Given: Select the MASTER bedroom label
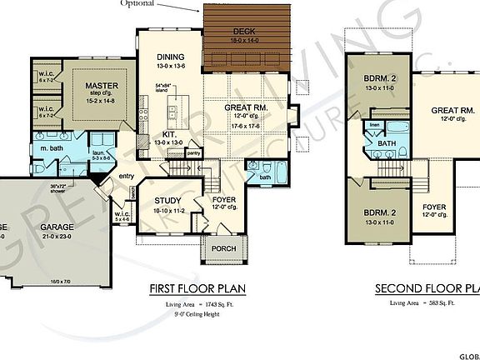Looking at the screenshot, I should (x=100, y=84).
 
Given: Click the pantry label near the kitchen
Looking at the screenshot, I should (x=194, y=153).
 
